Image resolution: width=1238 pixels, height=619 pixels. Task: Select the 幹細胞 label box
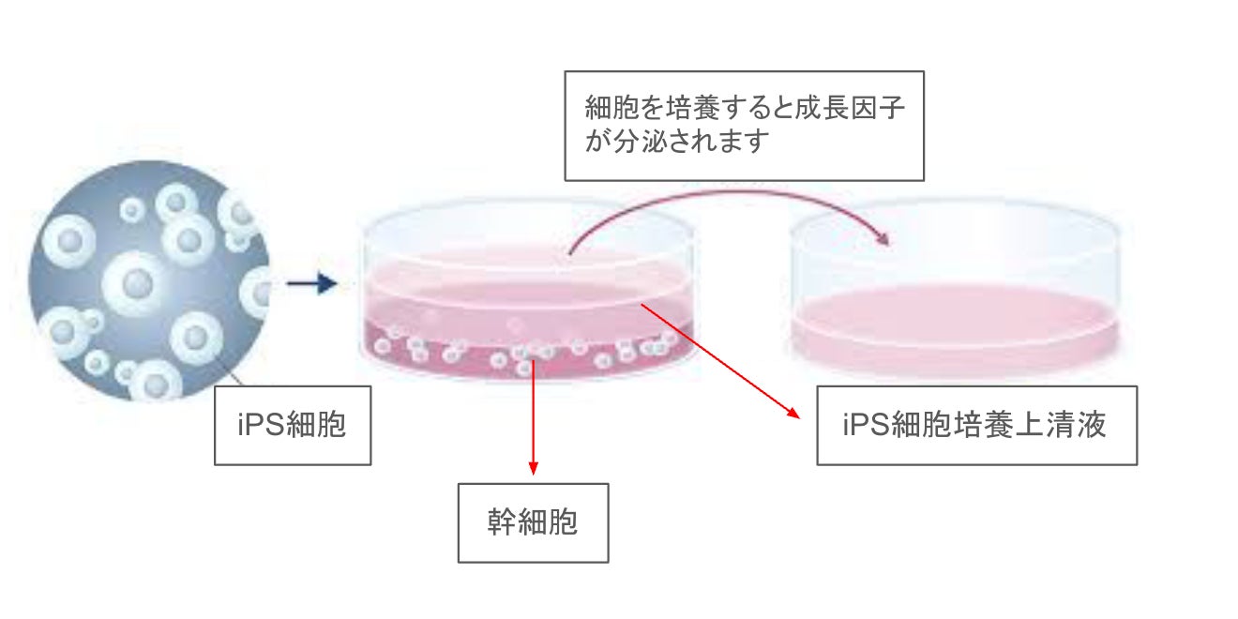tap(533, 522)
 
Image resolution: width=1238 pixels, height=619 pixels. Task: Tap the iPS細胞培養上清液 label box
tap(976, 425)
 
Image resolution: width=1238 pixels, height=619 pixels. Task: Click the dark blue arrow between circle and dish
tap(310, 282)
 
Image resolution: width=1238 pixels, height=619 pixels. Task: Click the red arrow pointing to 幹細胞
tap(533, 413)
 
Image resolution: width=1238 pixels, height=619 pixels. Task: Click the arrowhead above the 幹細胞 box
tap(533, 465)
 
